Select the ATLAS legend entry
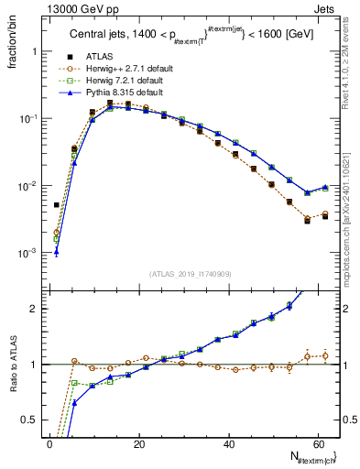tap(98, 57)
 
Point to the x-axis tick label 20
tap(139, 444)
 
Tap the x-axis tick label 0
tap(49, 444)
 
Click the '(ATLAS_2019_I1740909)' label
tap(191, 274)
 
